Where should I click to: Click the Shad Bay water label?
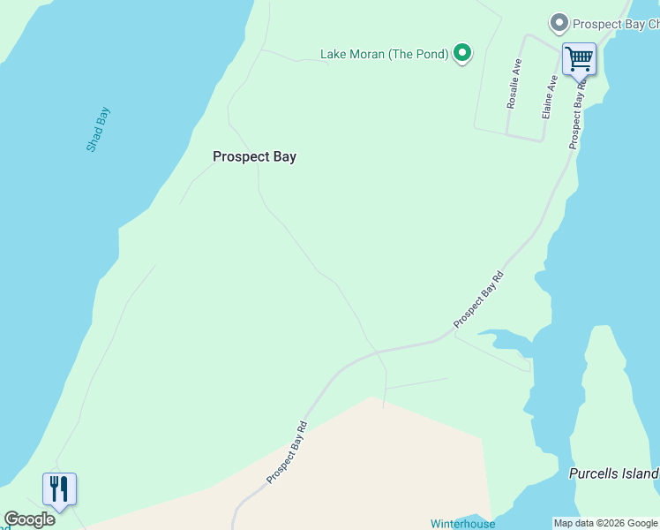point(98,129)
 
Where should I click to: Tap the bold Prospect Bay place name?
point(254,156)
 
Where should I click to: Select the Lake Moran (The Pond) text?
point(384,54)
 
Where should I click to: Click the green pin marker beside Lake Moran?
point(461,53)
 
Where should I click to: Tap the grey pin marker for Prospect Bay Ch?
point(558,24)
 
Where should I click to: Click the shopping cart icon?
point(579,59)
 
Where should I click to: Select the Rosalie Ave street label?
point(514,84)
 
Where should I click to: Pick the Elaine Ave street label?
point(550,97)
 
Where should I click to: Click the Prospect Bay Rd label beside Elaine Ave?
point(578,115)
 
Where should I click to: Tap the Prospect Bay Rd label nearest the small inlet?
point(478,300)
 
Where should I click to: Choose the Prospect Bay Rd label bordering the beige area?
point(288,451)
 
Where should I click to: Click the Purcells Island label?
point(613,473)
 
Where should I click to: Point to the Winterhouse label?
point(462,524)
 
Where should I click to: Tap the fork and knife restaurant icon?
point(59,488)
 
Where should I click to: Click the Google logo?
point(29,519)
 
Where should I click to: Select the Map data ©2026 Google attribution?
point(605,523)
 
